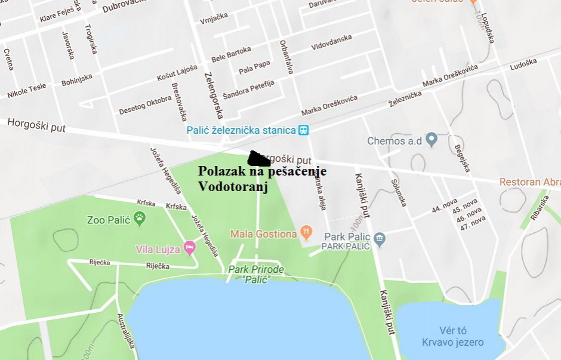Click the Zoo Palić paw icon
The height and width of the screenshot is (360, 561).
(x=140, y=219)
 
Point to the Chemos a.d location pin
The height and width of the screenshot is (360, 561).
(x=433, y=141)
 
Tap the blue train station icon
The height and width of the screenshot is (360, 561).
(x=304, y=130)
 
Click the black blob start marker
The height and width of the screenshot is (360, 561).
(x=260, y=158)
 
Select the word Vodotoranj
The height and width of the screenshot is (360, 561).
(x=233, y=186)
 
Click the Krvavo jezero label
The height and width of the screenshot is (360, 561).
(x=452, y=342)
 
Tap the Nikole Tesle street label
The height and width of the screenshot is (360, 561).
(x=26, y=91)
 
